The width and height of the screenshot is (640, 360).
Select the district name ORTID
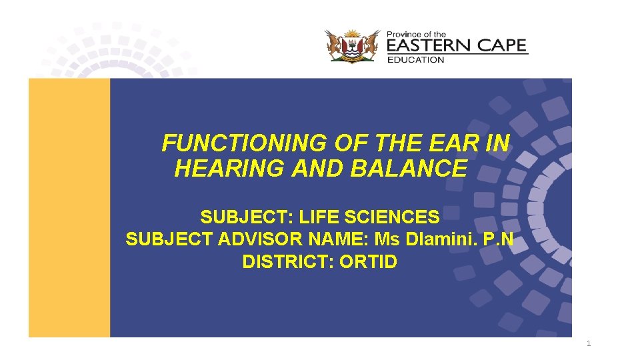(x=368, y=262)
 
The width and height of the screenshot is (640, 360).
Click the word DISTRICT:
(x=288, y=262)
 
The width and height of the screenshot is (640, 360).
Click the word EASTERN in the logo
(x=429, y=46)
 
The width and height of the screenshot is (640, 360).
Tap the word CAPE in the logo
(x=500, y=46)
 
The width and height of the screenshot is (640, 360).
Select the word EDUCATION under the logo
(x=415, y=60)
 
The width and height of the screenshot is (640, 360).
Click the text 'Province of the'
(x=417, y=34)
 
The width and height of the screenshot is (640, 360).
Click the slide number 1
(x=588, y=344)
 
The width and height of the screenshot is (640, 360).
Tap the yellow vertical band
(x=69, y=207)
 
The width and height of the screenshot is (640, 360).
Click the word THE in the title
(x=399, y=143)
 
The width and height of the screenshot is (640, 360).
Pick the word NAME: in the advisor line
(x=347, y=239)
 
